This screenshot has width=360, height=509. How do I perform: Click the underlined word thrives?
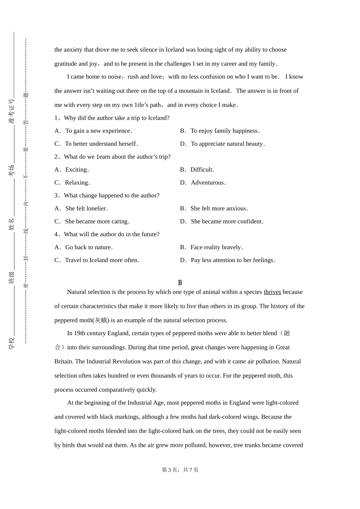point(272,292)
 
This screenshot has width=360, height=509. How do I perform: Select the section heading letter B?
point(180,283)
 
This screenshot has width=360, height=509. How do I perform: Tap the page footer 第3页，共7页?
point(180,470)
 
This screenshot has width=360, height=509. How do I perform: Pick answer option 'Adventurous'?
point(208,183)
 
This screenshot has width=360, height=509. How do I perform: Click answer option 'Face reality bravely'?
point(216,247)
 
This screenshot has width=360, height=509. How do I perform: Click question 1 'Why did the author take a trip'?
point(112,118)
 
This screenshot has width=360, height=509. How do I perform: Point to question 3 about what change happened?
point(107,195)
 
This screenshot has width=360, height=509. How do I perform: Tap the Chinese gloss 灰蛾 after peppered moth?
point(101,320)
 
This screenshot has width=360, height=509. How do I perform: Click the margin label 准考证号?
point(12,111)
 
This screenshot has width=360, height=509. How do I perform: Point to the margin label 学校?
point(12,343)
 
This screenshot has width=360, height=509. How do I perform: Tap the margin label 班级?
point(12,278)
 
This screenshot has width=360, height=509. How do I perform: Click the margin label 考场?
point(12,170)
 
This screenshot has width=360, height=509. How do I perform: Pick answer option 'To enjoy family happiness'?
point(225,131)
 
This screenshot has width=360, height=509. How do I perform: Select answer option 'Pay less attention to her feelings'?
point(233,260)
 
